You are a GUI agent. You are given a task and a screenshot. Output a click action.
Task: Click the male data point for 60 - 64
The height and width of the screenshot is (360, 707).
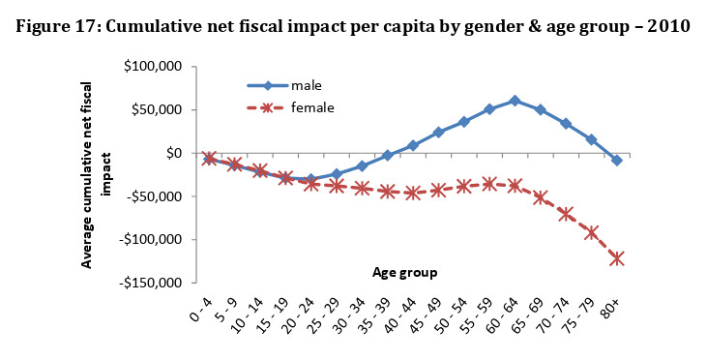[x=515, y=101]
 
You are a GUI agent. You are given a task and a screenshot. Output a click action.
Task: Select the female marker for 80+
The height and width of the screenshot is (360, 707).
[x=617, y=259]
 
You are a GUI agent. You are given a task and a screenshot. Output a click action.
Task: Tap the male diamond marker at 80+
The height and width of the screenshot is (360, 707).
[x=617, y=160]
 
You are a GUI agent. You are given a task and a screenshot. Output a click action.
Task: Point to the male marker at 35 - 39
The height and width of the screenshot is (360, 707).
[x=387, y=155]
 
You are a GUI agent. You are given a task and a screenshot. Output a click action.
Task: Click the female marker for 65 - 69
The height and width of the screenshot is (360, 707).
[x=541, y=197]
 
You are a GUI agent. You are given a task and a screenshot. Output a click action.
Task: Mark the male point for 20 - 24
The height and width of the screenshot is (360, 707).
[x=310, y=179]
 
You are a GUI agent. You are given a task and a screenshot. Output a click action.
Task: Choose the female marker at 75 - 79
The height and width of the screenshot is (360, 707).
[x=591, y=233]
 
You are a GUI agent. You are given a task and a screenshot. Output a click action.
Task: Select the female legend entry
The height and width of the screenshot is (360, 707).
[x=290, y=107]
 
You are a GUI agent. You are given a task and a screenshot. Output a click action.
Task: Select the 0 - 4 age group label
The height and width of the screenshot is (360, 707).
[x=201, y=311]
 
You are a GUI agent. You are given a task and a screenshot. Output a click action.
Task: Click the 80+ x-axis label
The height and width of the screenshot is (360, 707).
[x=611, y=310]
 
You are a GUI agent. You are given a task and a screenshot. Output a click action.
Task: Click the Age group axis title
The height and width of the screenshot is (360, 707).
[x=404, y=273]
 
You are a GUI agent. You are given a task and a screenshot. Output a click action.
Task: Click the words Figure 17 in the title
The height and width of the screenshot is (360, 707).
[x=56, y=27]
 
